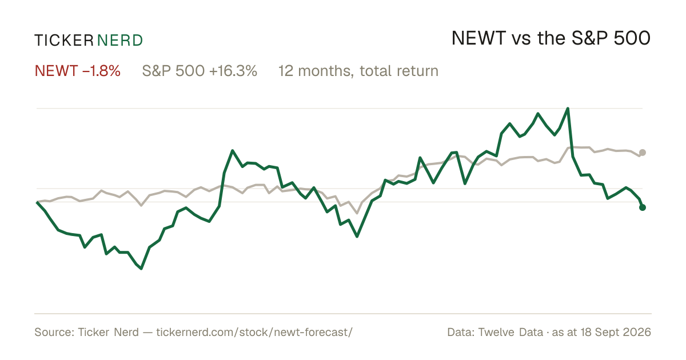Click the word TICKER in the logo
point(64,41)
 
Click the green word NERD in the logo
point(120,41)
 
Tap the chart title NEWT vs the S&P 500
point(551,38)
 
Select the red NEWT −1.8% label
point(78,71)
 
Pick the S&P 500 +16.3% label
point(200,71)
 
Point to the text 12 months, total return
point(358,71)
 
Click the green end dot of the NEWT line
point(643,207)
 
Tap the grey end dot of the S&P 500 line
point(643,153)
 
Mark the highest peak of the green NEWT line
point(568,109)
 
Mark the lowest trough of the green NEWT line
point(141,269)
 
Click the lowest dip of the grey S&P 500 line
point(357,213)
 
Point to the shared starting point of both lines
point(37,202)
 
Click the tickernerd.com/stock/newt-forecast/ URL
point(254,332)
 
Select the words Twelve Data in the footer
point(510,332)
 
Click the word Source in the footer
point(53,332)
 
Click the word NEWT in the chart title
point(478,38)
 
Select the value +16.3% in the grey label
point(233,71)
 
